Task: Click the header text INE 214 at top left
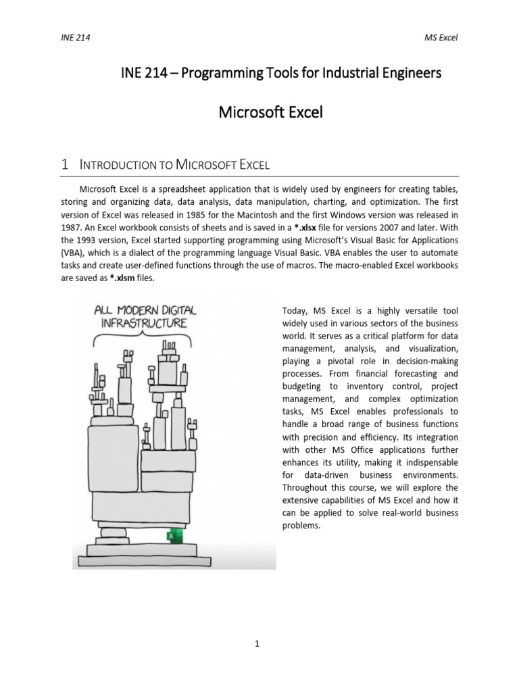coord(75,38)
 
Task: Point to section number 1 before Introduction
coord(65,164)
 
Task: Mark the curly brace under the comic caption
coord(141,337)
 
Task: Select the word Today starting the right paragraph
coord(294,310)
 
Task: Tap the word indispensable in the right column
coord(426,462)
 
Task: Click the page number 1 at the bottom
coord(257,644)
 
